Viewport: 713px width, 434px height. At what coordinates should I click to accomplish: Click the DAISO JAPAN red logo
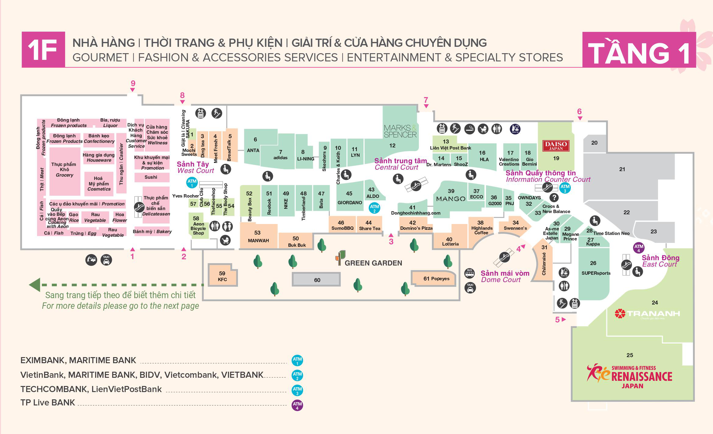[x=556, y=146]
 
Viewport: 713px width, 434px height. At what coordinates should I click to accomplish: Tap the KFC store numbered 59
[x=222, y=276]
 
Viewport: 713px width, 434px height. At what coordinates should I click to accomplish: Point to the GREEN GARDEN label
[x=373, y=263]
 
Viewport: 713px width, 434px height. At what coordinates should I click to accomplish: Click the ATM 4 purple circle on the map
[x=639, y=248]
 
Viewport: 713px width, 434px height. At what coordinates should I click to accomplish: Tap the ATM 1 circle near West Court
[x=192, y=182]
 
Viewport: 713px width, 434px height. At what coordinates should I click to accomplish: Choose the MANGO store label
[x=451, y=199]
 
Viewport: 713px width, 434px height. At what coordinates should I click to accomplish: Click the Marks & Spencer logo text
[x=400, y=131]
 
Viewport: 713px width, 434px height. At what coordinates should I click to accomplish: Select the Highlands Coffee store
[x=481, y=228]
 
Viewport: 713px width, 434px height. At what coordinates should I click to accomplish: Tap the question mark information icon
[x=554, y=198]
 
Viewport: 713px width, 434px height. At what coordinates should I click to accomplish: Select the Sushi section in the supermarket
[x=151, y=177]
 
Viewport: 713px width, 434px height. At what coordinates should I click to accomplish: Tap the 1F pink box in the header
[x=43, y=50]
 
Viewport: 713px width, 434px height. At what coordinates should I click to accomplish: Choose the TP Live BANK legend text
[x=48, y=402]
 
